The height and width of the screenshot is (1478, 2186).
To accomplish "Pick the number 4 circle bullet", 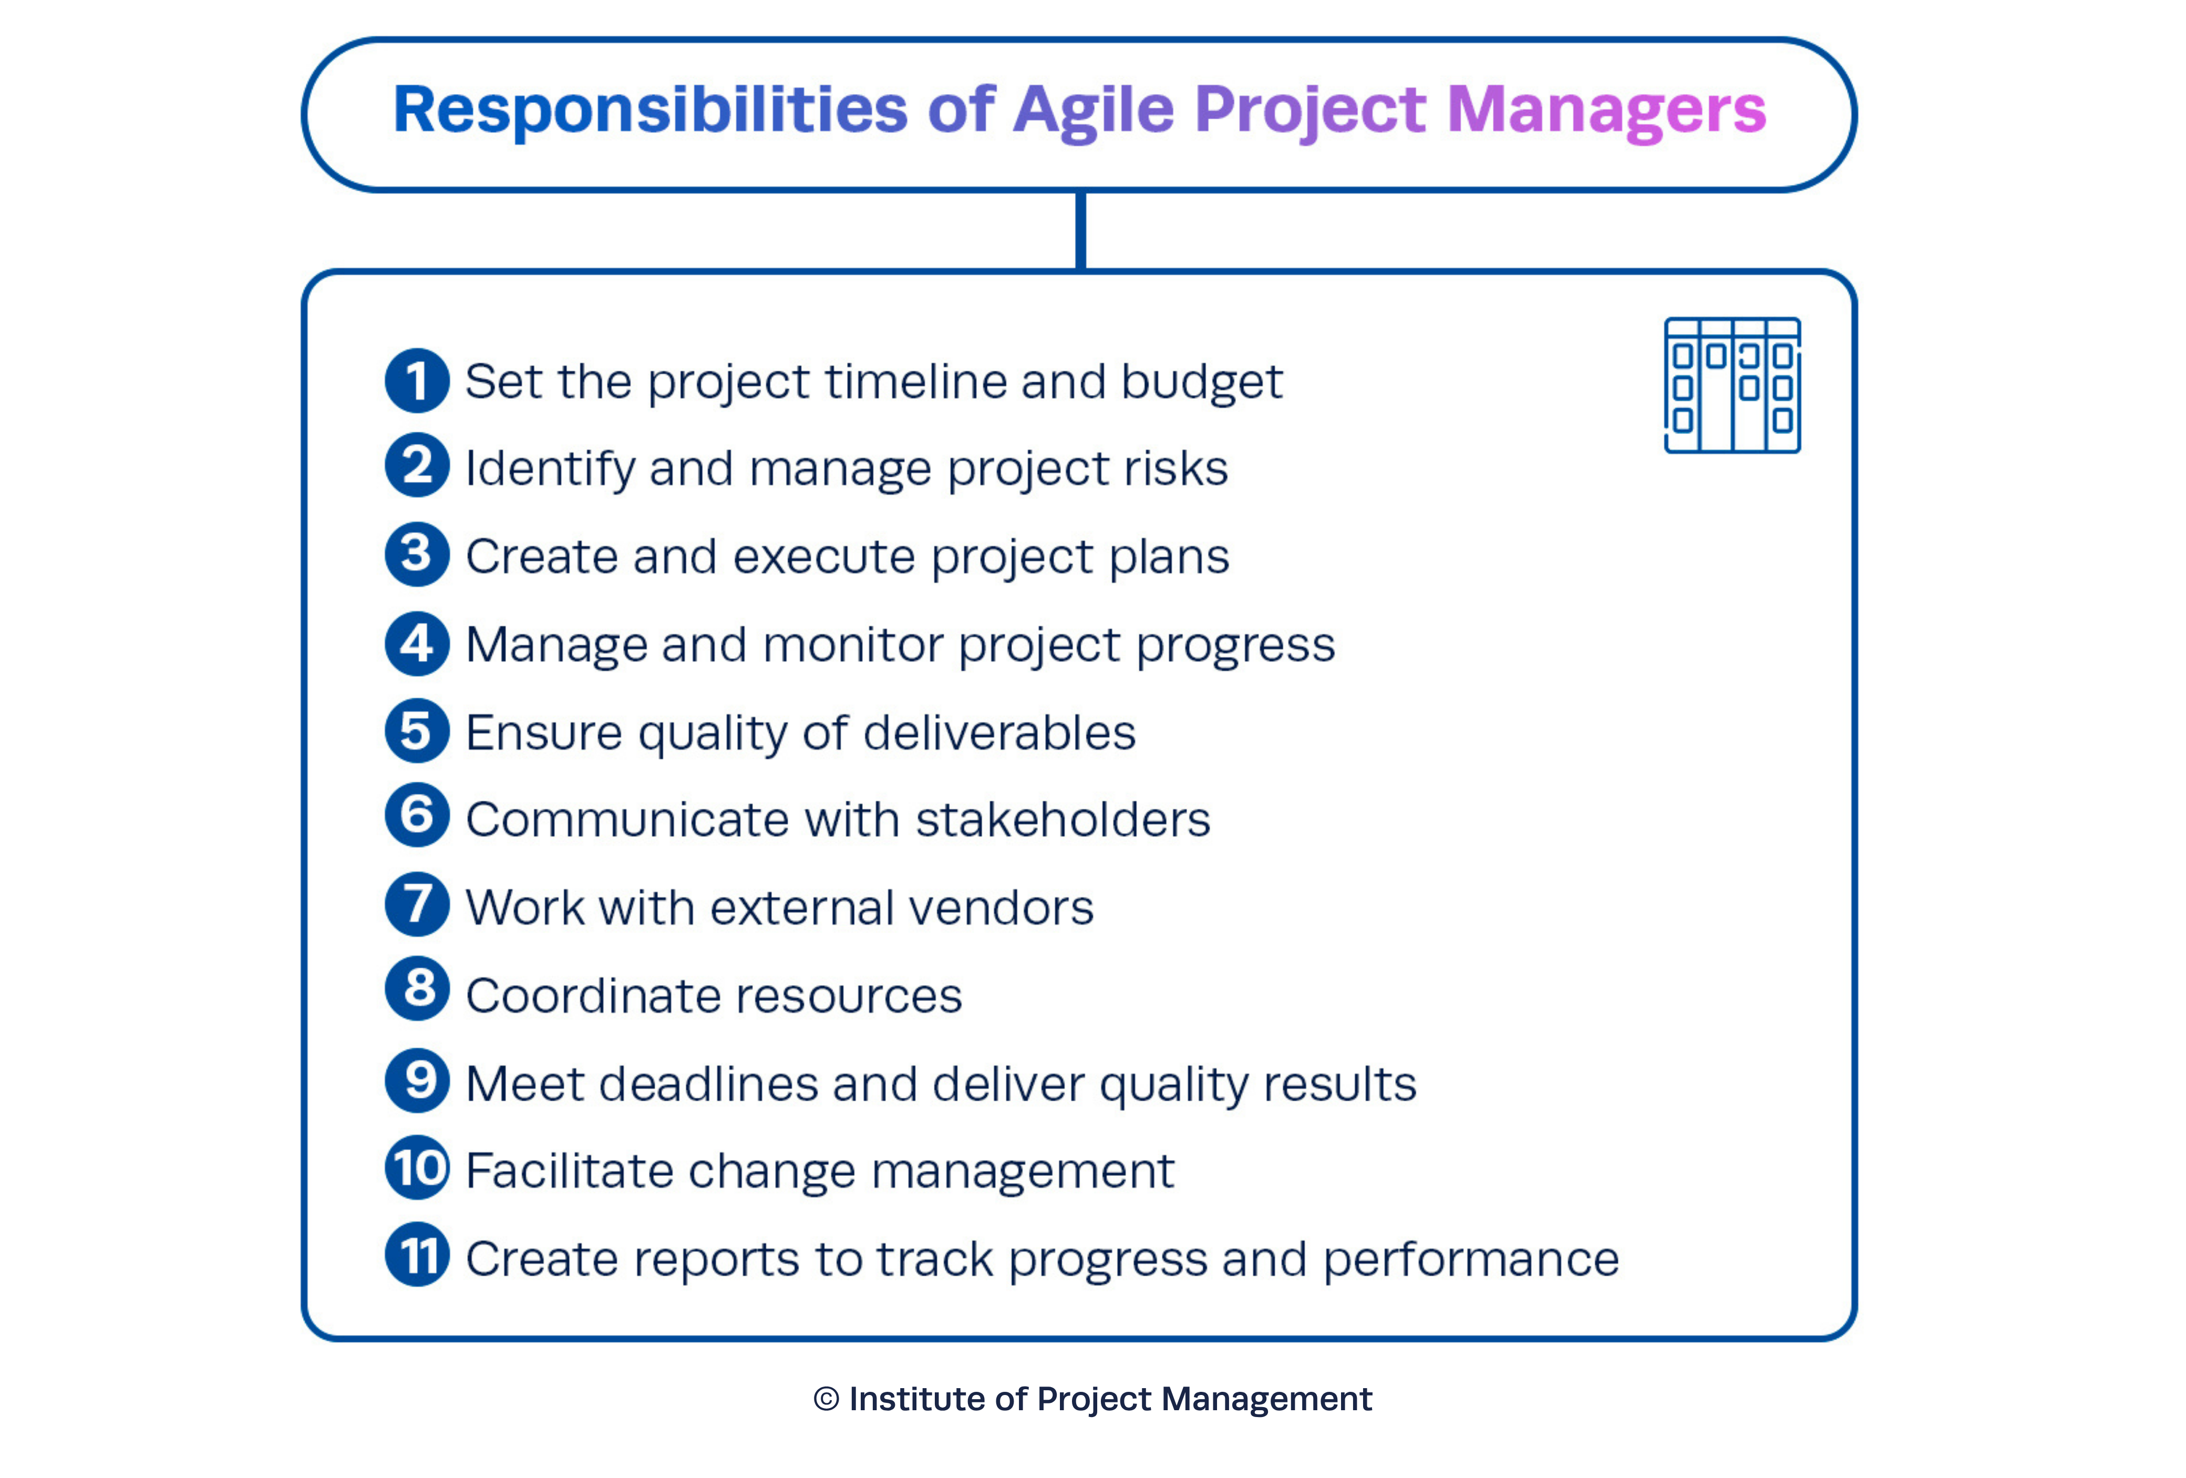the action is tap(417, 644).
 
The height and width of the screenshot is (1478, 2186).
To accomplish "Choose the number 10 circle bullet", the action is tap(417, 1167).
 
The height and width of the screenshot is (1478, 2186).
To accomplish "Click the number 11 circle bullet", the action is tap(417, 1255).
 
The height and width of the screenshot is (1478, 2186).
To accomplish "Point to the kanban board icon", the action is tap(1733, 386).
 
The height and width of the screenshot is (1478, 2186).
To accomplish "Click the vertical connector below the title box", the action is tap(1081, 231).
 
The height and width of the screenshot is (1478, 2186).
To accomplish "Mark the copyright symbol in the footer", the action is tap(826, 1399).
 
